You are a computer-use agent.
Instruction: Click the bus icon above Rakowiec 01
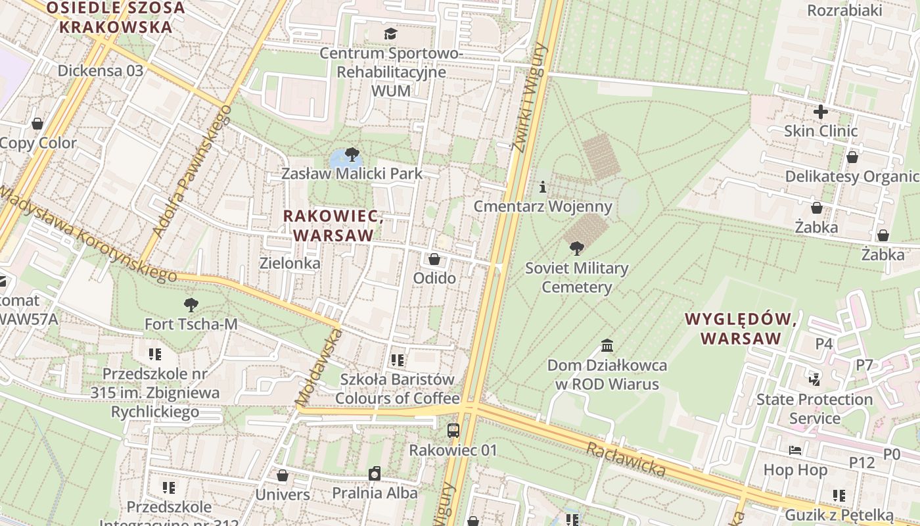point(453,431)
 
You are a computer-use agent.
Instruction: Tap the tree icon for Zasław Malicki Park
point(352,155)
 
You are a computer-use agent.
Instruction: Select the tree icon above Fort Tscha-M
point(191,304)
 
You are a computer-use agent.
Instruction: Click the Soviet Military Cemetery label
point(576,277)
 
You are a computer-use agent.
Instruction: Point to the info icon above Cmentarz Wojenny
point(543,187)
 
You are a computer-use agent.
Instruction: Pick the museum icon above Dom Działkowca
point(607,345)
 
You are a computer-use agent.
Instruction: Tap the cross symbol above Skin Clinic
point(821,112)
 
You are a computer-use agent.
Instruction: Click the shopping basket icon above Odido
point(434,259)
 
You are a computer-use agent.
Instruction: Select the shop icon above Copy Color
point(37,124)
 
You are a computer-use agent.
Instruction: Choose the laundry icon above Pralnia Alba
point(375,473)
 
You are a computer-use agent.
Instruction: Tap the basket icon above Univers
point(283,475)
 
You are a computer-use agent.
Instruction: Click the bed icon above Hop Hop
point(795,450)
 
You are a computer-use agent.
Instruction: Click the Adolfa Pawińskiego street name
point(193,170)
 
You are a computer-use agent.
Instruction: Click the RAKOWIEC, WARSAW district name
point(333,225)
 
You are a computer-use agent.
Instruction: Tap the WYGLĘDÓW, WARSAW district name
point(741,329)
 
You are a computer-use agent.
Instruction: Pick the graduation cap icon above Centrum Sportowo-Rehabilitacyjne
point(391,34)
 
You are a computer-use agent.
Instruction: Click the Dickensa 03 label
point(101,70)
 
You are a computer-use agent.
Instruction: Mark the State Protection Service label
point(815,408)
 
